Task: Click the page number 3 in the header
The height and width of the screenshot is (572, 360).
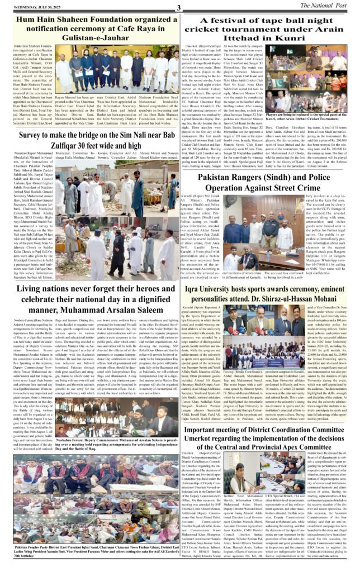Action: (x=179, y=7)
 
